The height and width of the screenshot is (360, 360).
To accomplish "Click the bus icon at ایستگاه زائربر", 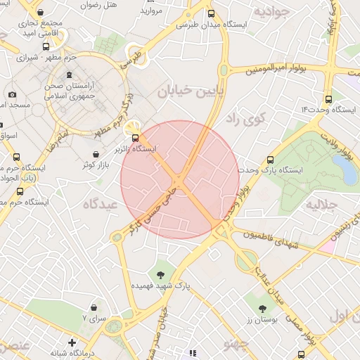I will coord(136,138).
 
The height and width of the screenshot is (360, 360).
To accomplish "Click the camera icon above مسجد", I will coord(12,94).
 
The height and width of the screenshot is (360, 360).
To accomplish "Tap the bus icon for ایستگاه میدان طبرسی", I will coord(212,13).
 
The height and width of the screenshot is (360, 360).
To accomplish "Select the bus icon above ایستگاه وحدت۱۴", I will coord(328,99).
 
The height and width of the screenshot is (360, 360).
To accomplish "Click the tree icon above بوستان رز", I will coord(263,308).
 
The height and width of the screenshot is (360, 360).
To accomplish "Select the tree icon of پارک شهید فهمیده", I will coord(161,274).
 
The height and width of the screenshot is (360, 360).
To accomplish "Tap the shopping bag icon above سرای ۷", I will coord(94,307).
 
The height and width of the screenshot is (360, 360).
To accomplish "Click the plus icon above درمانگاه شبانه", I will coord(72,342).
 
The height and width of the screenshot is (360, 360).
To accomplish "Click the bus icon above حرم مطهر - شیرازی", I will coord(46,46).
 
